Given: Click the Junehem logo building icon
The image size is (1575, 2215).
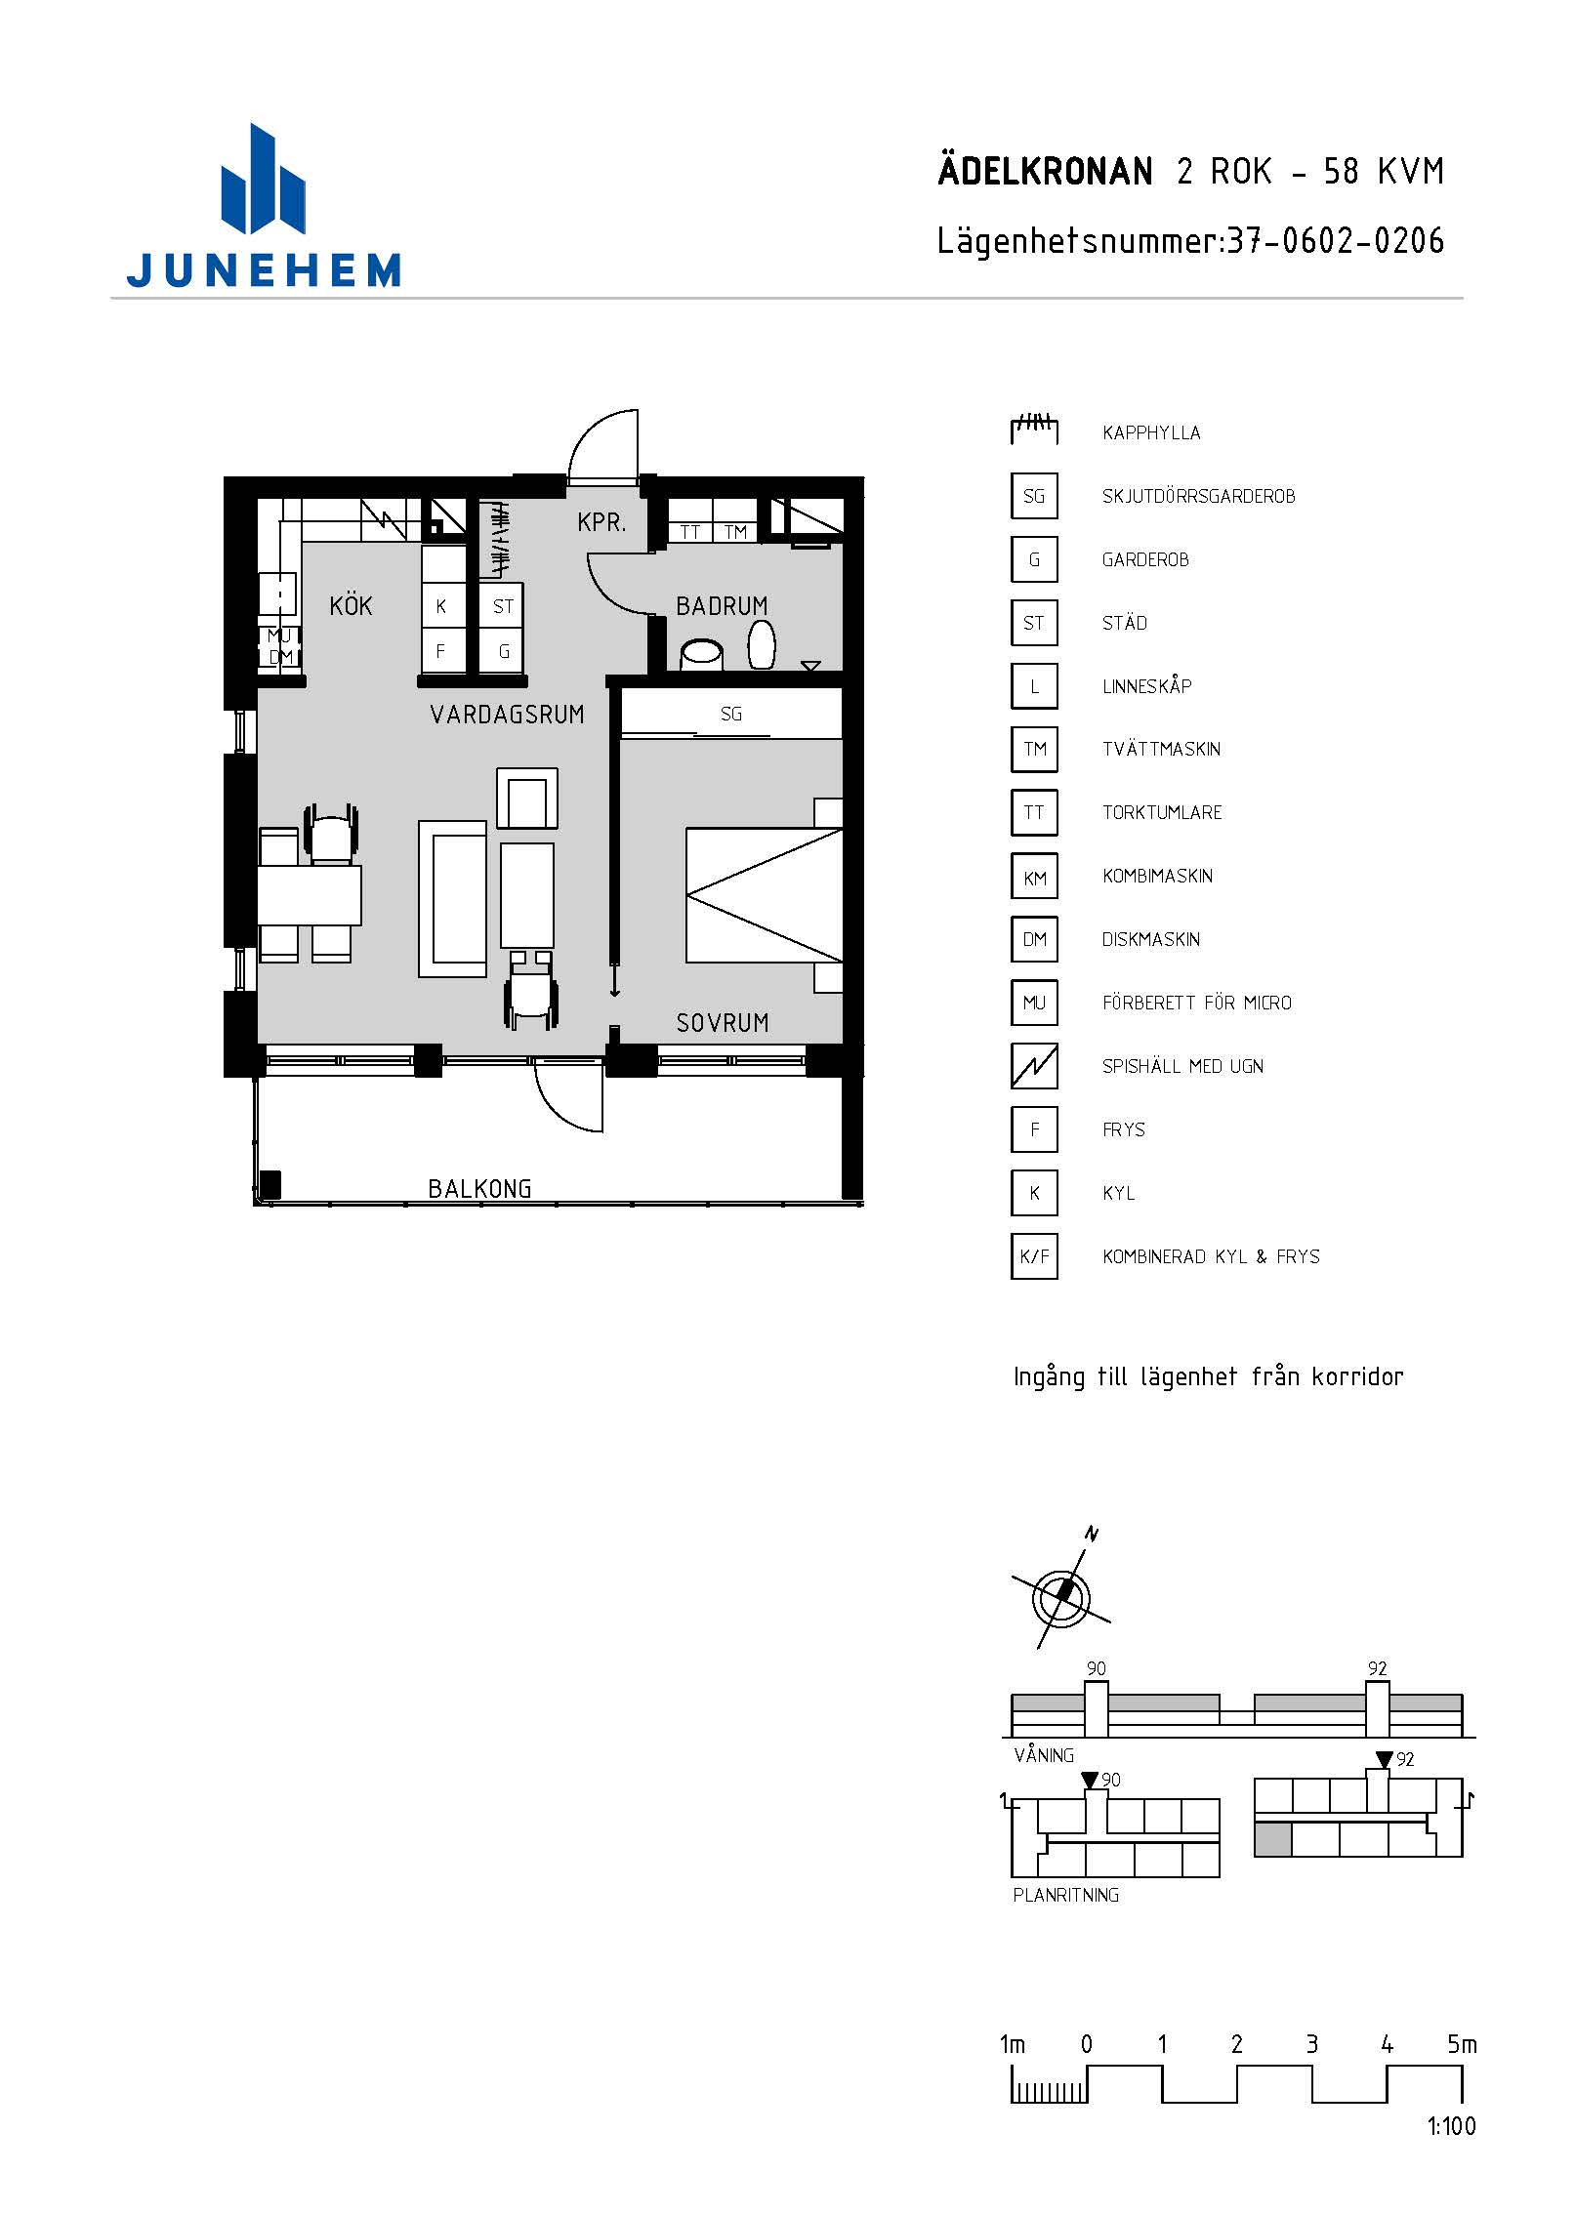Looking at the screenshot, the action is (x=263, y=180).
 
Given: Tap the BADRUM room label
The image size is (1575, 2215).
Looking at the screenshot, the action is (x=722, y=606).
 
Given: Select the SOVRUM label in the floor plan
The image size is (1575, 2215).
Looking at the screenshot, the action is (x=723, y=1023).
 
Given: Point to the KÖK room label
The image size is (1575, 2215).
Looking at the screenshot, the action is (x=351, y=605).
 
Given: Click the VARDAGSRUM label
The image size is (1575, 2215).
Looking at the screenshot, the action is (x=507, y=715).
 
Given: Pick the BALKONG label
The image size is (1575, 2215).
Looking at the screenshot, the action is (x=479, y=1189).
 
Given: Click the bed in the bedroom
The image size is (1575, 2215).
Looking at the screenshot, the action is (x=764, y=895).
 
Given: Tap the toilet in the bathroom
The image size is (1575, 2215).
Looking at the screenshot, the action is (x=762, y=645).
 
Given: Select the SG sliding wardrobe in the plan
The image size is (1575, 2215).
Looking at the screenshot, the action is (x=731, y=714).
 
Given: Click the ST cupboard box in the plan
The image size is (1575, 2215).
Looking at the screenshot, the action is (x=502, y=606).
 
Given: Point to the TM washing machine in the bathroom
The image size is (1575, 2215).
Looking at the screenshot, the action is (x=735, y=532).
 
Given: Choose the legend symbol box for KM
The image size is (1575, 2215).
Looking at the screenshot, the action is (x=1034, y=876).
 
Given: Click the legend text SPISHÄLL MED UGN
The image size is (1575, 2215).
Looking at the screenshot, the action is (x=1182, y=1066).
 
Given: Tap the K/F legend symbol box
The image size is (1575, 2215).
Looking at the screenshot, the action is (x=1034, y=1256).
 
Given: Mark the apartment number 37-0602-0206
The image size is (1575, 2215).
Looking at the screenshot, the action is (x=1335, y=241).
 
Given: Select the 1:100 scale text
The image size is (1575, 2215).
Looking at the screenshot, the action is (x=1451, y=2126).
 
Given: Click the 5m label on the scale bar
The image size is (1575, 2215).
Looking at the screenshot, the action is (x=1462, y=2043).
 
